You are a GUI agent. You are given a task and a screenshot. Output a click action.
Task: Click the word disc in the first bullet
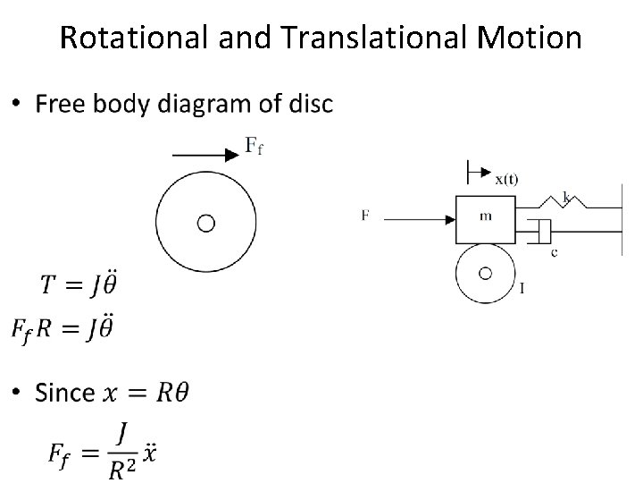tap(312, 106)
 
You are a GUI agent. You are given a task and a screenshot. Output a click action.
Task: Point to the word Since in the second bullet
tap(64, 392)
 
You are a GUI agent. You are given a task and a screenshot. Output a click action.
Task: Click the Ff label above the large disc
tap(254, 146)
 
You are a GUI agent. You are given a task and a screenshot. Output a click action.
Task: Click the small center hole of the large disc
tap(205, 222)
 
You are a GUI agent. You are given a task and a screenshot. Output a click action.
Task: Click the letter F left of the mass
tap(364, 215)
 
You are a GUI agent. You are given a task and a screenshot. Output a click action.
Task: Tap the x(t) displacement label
tap(506, 178)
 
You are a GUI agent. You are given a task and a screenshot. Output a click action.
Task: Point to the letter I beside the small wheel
tap(522, 288)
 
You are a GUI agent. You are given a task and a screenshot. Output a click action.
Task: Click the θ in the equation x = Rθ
tap(179, 392)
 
